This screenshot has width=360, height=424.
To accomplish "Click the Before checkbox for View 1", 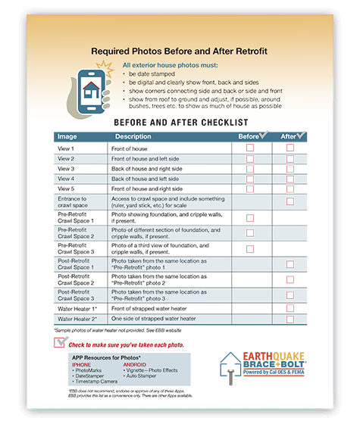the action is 250,149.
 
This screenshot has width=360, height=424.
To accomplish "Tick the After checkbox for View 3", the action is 290,169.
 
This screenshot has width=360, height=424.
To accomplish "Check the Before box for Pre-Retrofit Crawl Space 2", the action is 250,232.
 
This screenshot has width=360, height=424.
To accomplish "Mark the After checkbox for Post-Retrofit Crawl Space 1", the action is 290,264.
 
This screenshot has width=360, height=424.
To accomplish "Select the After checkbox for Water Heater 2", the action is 290,319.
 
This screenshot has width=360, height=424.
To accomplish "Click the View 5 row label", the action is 67,188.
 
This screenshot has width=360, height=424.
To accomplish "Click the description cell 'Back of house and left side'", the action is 148,178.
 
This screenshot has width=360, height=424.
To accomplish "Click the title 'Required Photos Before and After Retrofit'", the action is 180,51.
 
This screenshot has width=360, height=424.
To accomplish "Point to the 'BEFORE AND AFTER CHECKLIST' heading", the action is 180,122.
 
